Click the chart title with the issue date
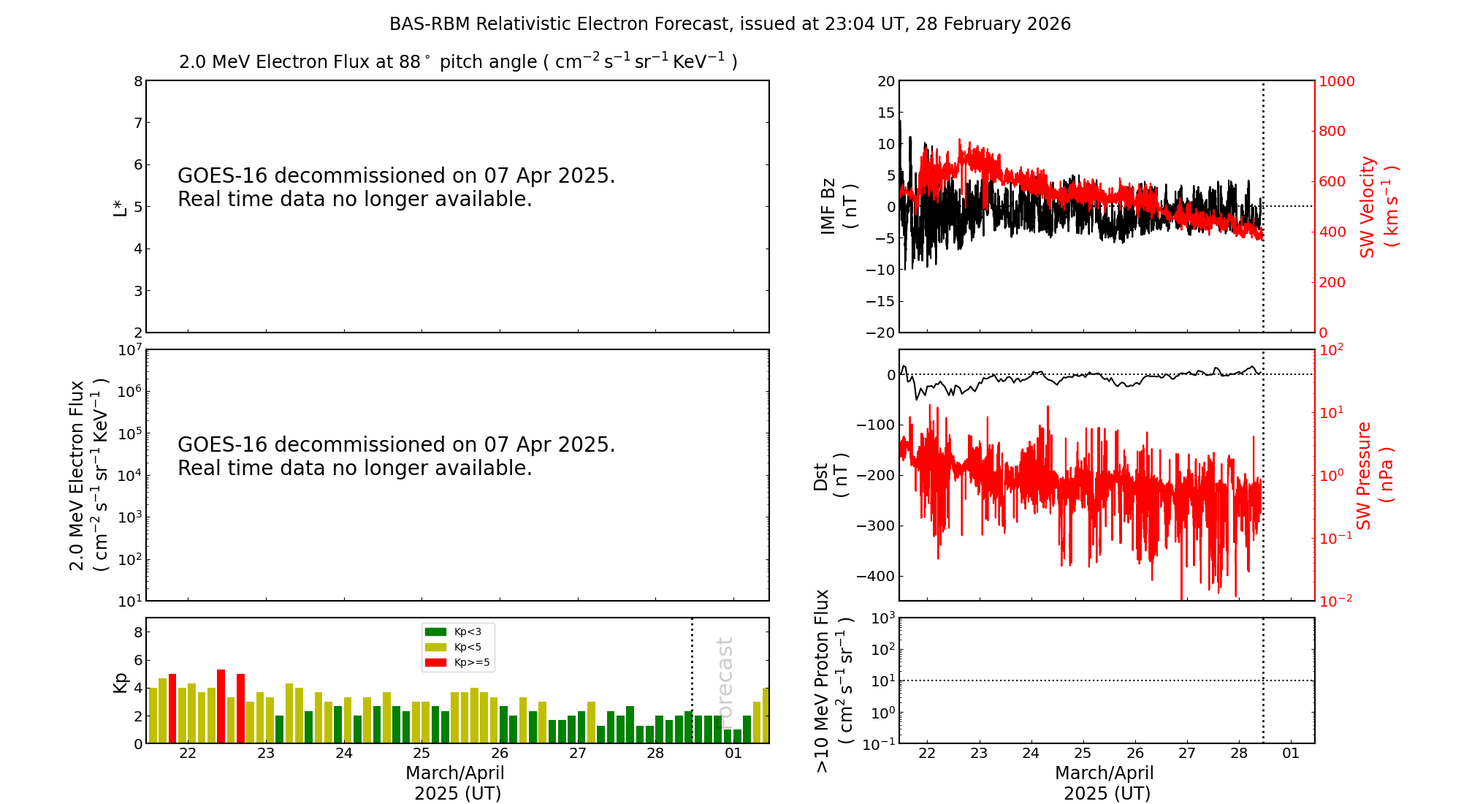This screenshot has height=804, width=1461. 730,24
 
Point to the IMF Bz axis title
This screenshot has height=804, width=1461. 839,207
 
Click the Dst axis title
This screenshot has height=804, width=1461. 831,476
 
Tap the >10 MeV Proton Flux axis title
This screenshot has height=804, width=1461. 834,681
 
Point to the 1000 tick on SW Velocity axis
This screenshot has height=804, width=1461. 1336,81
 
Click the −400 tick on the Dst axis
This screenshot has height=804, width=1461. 876,576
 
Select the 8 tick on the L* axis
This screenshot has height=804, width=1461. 138,81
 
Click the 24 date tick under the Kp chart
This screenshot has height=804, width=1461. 343,754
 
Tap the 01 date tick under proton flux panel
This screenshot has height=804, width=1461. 1291,754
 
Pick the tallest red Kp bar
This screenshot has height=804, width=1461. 221,706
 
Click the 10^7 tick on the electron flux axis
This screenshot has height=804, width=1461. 129,350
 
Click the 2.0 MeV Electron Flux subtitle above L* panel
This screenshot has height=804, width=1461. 458,61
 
